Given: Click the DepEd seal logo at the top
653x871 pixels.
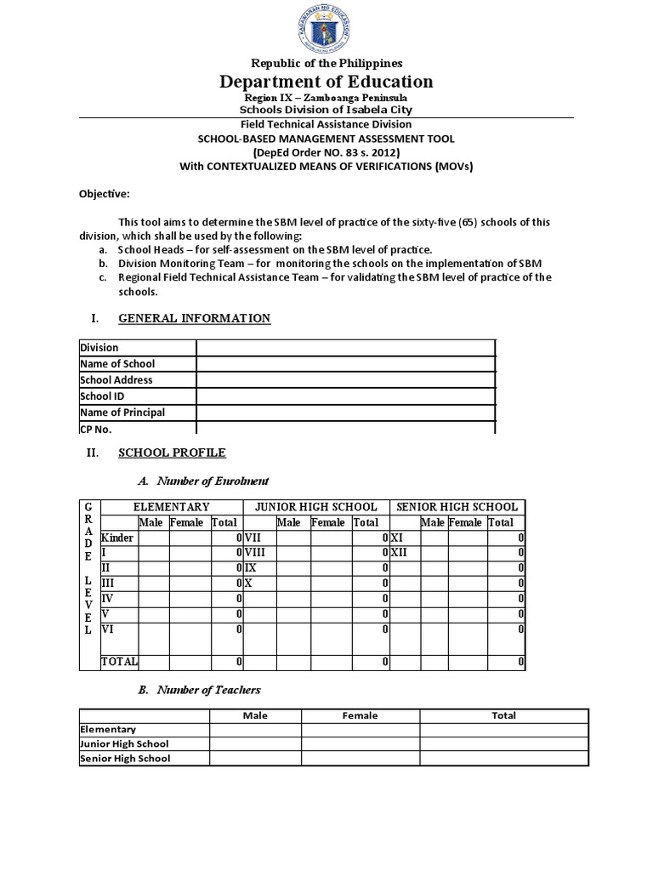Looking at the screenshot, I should click(326, 29).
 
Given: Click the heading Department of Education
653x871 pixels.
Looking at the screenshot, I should click(326, 82).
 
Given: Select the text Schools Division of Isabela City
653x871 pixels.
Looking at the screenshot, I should click(326, 111).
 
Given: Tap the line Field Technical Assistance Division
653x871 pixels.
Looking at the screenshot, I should click(326, 124).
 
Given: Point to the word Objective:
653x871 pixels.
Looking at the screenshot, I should click(104, 193).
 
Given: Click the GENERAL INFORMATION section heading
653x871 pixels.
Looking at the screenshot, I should click(194, 318).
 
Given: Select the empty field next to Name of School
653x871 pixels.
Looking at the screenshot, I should click(345, 364).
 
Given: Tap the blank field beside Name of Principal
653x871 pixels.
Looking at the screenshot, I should click(345, 413).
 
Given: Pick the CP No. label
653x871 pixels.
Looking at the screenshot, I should click(96, 429).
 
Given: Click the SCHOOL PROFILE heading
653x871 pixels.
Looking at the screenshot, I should click(172, 453).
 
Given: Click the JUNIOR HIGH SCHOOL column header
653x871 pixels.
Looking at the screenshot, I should click(315, 507).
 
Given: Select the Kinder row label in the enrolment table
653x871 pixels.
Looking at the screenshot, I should click(117, 538).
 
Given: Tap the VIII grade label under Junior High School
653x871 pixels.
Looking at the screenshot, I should click(256, 552).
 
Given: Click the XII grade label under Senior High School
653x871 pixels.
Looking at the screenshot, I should click(400, 552).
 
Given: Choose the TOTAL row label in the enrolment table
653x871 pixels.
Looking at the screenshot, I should click(119, 661).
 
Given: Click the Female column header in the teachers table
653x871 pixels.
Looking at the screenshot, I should click(360, 715).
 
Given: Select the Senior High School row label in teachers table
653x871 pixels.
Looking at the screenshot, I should click(125, 759).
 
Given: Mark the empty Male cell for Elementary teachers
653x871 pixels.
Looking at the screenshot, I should click(255, 730).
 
